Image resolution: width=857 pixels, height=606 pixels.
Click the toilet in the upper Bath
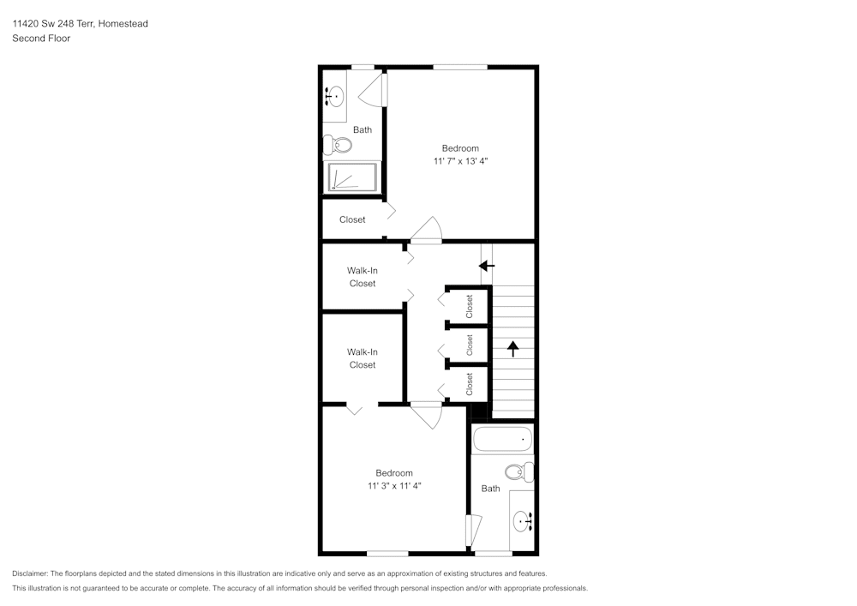click(337, 146)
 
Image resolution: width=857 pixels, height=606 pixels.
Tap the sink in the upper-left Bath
click(334, 97)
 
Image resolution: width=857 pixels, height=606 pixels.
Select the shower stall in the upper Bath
click(352, 177)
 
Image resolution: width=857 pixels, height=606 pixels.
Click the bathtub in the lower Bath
click(502, 438)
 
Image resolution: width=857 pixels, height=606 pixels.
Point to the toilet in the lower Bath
click(519, 472)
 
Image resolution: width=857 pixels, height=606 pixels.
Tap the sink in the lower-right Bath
click(523, 521)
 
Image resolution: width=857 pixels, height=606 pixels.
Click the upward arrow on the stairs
click(512, 349)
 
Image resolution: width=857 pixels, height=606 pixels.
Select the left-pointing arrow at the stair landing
click(487, 266)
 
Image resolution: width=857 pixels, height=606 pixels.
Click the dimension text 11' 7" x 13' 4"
click(460, 161)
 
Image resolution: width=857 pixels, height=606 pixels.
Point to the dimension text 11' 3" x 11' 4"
click(394, 486)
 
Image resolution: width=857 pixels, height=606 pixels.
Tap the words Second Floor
click(41, 39)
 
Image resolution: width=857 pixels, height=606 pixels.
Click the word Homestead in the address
click(123, 23)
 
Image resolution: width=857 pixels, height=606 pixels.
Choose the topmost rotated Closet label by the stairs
click(469, 307)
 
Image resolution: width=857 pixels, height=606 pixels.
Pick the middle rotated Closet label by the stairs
click(469, 345)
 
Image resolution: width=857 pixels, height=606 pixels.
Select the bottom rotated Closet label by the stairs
click(469, 384)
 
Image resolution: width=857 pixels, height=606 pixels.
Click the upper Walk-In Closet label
click(363, 277)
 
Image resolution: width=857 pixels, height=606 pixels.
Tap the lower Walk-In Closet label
click(363, 358)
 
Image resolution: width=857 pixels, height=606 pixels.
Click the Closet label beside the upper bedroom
click(352, 219)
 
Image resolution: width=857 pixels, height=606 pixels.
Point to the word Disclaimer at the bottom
click(30, 573)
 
